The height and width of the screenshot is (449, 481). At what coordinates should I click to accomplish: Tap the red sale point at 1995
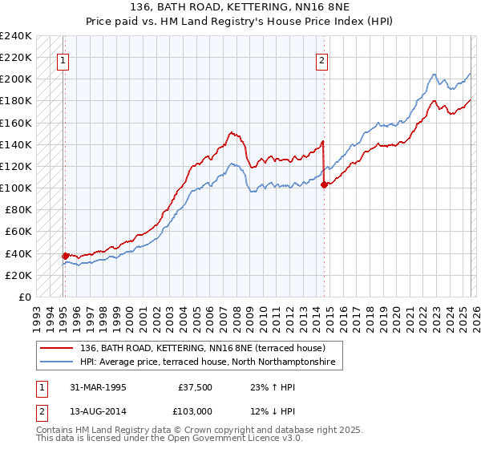pyautogui.click(x=66, y=256)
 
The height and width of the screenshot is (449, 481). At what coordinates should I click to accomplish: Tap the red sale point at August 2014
pyautogui.click(x=324, y=184)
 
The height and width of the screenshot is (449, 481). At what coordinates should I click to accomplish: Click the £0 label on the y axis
pyautogui.click(x=24, y=297)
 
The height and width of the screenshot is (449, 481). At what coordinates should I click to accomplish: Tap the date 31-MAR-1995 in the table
pyautogui.click(x=94, y=386)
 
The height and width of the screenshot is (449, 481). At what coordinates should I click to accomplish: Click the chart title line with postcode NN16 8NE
pyautogui.click(x=240, y=6)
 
